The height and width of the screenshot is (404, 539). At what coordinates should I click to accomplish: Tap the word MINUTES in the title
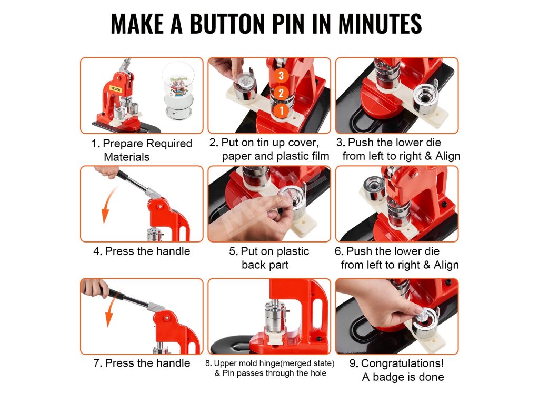pyautogui.click(x=380, y=24)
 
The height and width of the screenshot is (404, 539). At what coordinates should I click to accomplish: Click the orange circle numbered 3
pyautogui.click(x=281, y=76)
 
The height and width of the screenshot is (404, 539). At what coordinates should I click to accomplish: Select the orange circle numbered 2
pyautogui.click(x=281, y=93)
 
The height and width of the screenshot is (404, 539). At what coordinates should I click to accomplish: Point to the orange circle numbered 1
pyautogui.click(x=282, y=110)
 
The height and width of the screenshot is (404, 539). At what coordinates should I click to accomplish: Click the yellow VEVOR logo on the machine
pyautogui.click(x=115, y=89)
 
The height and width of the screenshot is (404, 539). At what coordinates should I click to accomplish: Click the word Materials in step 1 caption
pyautogui.click(x=126, y=157)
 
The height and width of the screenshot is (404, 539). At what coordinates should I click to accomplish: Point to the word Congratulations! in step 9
pyautogui.click(x=402, y=363)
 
